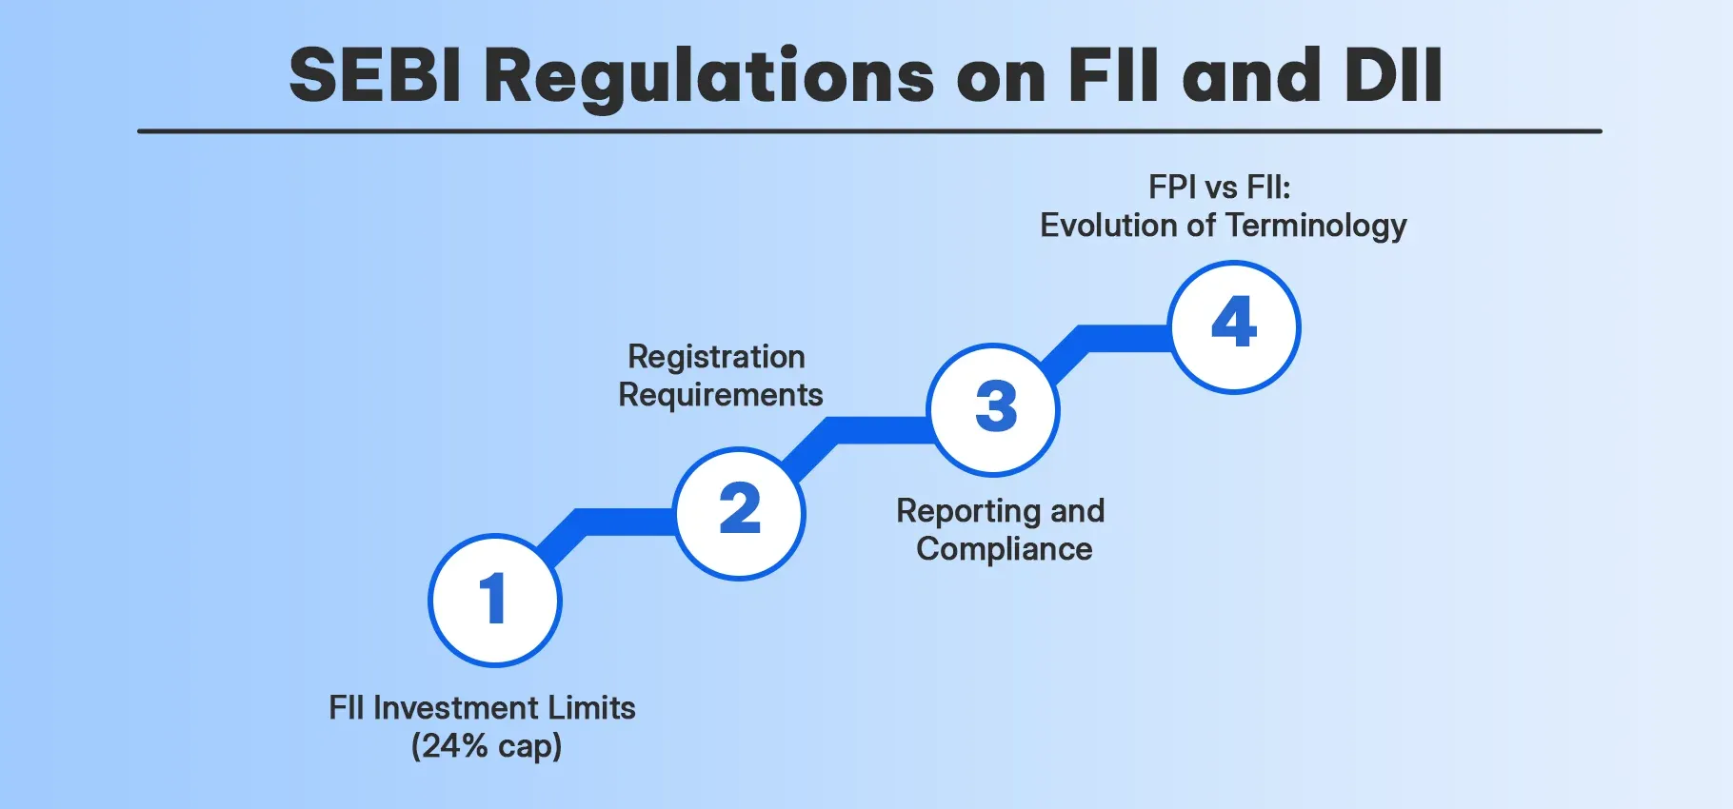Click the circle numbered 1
point(494,600)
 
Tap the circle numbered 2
point(740,513)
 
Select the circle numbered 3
point(994,409)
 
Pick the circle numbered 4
point(1234,326)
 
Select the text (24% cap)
point(487,745)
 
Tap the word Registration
point(716,356)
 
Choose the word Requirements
point(720,394)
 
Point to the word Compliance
point(1004,548)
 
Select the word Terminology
point(1315,226)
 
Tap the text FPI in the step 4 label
point(1171,187)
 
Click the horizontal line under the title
point(868,131)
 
